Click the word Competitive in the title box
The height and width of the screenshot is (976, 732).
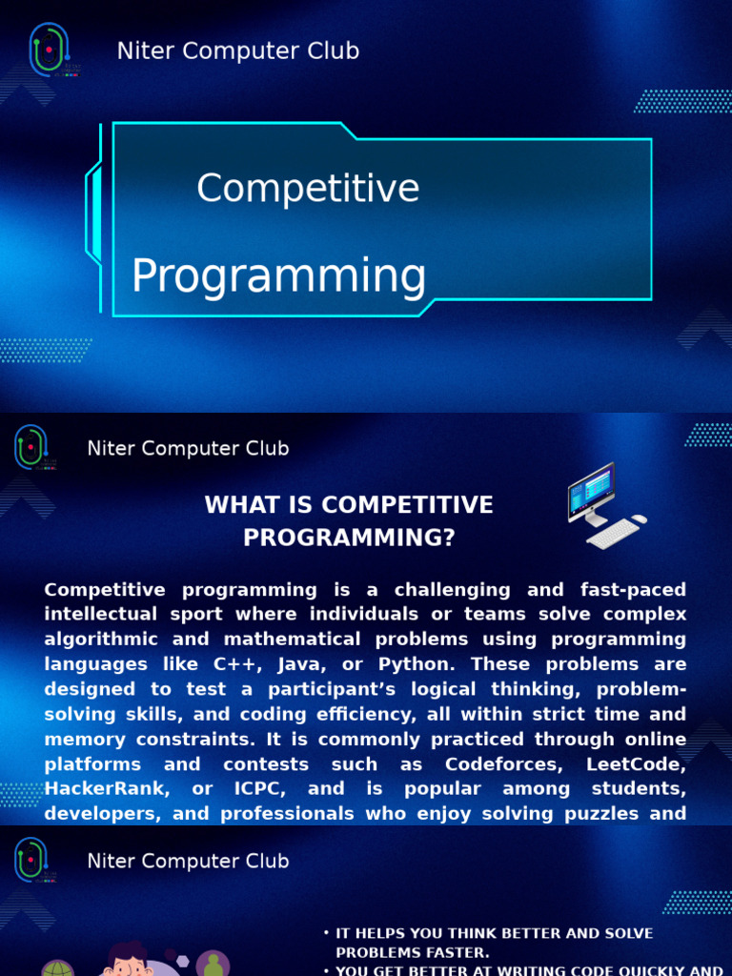[x=308, y=188]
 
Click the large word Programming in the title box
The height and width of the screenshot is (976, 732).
[x=278, y=275]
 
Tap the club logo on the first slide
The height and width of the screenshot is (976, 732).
[x=49, y=50]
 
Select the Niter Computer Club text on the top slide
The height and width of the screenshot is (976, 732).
[x=238, y=51]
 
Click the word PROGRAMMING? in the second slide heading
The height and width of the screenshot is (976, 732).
[x=349, y=538]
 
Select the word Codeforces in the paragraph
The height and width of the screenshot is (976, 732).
[x=495, y=764]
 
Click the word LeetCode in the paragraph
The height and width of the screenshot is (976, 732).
[x=637, y=764]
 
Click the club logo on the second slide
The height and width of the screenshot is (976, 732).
[x=31, y=448]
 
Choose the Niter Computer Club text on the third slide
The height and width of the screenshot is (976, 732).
[x=188, y=862]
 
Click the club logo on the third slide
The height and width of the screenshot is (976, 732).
[x=31, y=861]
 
